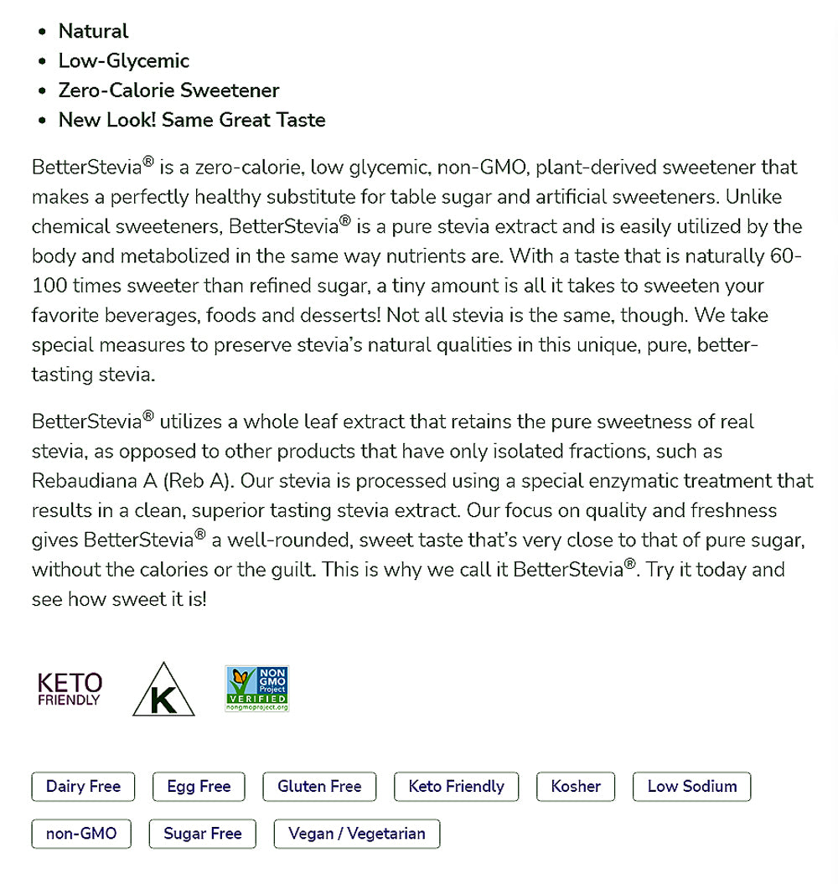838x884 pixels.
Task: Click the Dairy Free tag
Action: click(x=83, y=787)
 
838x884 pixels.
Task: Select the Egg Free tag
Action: click(x=199, y=787)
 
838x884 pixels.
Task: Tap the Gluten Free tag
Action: click(x=319, y=787)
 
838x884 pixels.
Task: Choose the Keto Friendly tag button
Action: click(x=456, y=787)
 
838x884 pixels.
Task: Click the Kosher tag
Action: click(x=576, y=787)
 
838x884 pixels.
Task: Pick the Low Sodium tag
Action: click(x=691, y=787)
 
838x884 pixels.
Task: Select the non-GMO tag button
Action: click(x=81, y=834)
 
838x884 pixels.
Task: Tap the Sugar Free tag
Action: click(x=202, y=834)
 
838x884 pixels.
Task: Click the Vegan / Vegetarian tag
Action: click(x=356, y=834)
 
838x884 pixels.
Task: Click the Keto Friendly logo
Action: click(x=70, y=689)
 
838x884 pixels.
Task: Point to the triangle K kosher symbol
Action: click(x=163, y=691)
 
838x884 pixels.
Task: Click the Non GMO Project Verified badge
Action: click(x=256, y=689)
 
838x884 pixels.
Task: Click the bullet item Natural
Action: click(x=93, y=32)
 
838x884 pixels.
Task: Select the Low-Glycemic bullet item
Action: click(x=123, y=61)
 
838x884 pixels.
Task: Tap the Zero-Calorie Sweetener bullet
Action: click(x=168, y=90)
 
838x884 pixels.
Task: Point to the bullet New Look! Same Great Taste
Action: click(x=191, y=120)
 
